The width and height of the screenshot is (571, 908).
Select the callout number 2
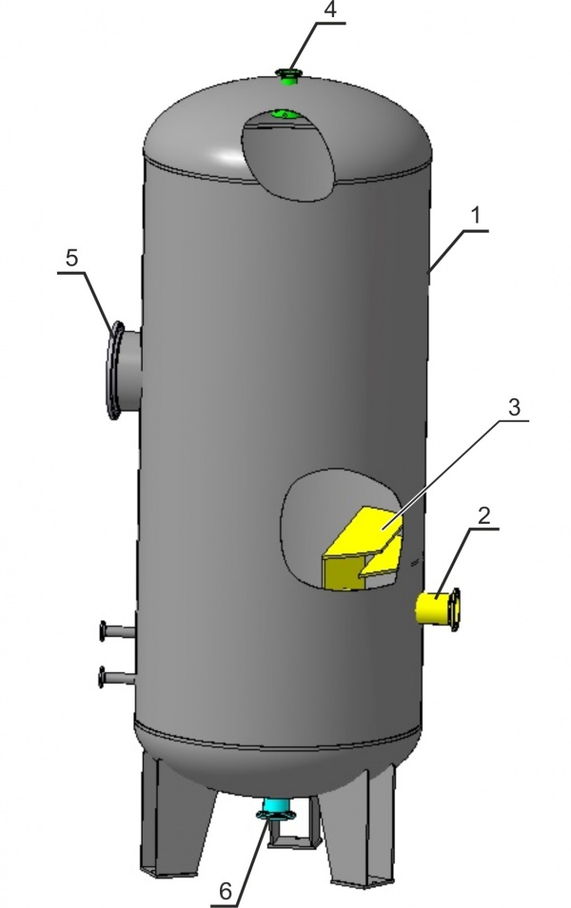(x=483, y=516)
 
